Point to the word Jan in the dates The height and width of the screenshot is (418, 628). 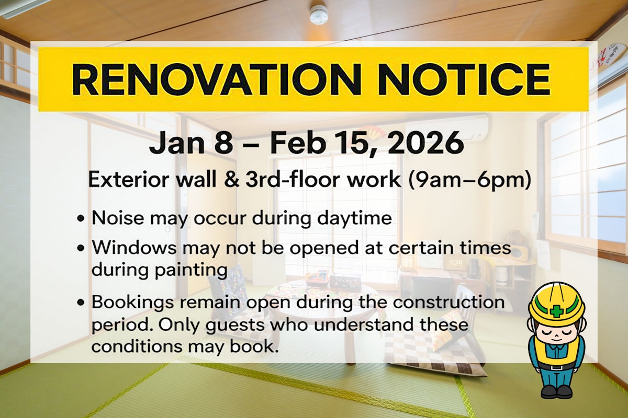click(177, 144)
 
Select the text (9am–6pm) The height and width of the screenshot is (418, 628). click(469, 180)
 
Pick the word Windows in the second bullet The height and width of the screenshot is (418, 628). click(134, 248)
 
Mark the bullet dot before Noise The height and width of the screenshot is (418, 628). click(81, 218)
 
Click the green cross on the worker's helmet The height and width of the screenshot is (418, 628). click(556, 311)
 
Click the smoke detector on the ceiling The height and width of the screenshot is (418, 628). click(319, 14)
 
